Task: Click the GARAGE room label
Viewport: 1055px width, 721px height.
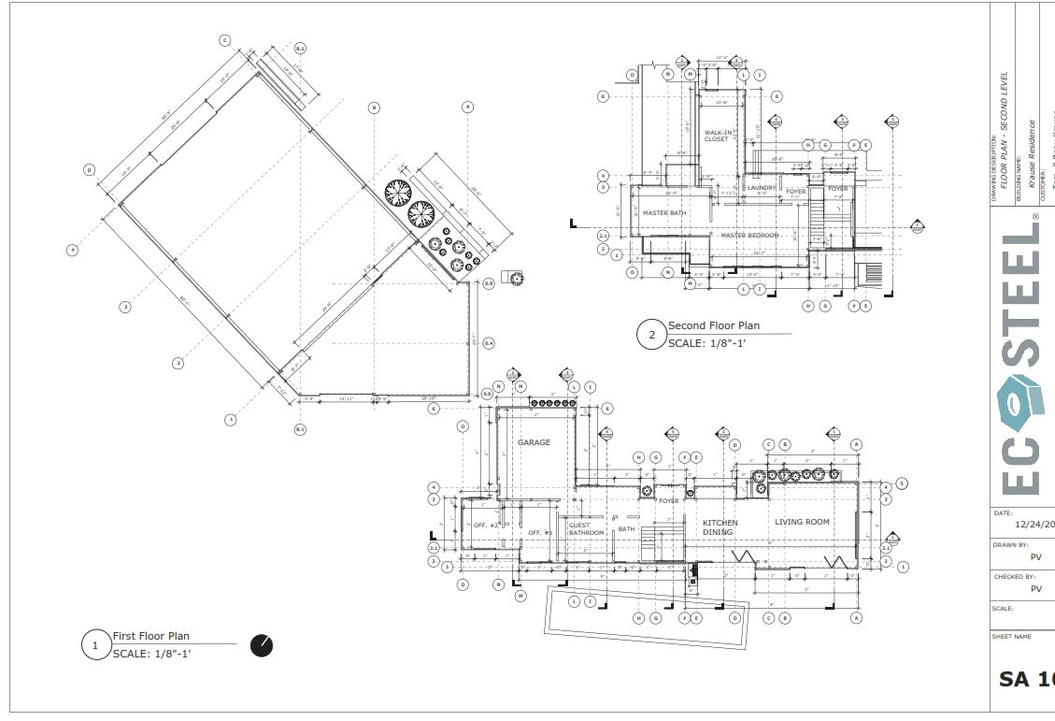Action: click(535, 442)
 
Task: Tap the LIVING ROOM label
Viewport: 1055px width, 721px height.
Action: click(802, 522)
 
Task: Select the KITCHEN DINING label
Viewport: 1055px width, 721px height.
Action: click(720, 527)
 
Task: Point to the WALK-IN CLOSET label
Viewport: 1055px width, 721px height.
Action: click(717, 137)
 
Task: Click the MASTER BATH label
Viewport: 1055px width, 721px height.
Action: click(664, 213)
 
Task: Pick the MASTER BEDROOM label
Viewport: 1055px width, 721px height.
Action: click(749, 235)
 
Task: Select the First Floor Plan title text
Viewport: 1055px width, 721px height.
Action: click(151, 636)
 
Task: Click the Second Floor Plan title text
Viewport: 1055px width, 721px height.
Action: click(714, 325)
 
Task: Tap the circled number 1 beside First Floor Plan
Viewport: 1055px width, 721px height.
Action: click(94, 646)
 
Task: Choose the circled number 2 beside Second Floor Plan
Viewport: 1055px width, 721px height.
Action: click(649, 335)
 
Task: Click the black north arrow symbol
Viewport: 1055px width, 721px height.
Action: click(262, 645)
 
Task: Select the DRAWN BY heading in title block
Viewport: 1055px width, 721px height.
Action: click(1010, 544)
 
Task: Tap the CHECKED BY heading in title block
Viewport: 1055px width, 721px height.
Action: click(1014, 577)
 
